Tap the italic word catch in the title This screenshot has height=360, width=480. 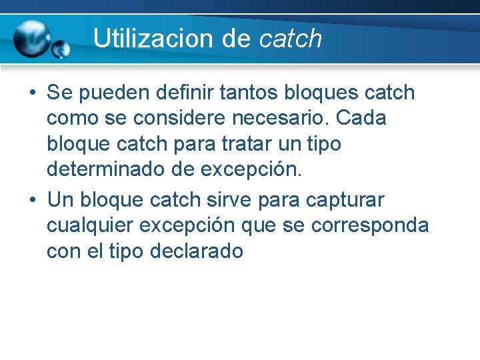pyautogui.click(x=290, y=39)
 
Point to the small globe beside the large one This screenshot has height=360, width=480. pyautogui.click(x=61, y=49)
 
